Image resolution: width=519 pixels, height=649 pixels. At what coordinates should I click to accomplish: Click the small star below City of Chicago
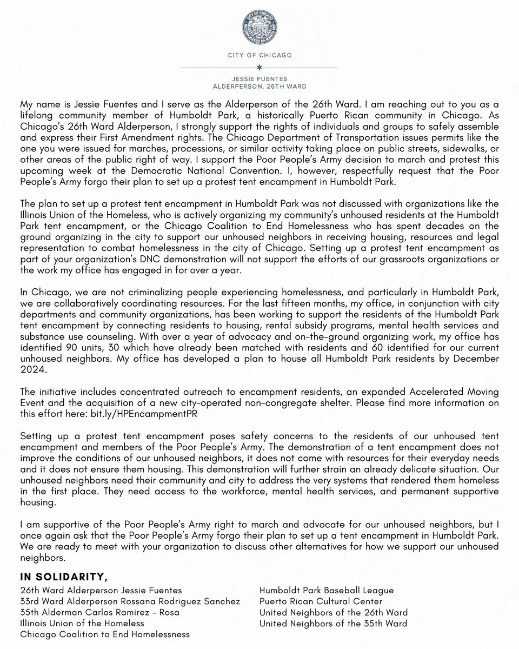(x=259, y=67)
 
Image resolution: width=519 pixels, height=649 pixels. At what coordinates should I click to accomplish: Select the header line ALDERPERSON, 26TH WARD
(x=259, y=85)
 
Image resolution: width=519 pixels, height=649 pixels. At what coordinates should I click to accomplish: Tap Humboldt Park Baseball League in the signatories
(x=327, y=590)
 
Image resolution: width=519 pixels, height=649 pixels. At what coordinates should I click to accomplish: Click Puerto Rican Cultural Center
(x=321, y=601)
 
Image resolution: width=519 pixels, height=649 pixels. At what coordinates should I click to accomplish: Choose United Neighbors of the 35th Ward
(x=334, y=624)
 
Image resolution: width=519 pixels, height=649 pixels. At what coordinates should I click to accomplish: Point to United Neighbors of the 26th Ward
(x=334, y=613)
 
